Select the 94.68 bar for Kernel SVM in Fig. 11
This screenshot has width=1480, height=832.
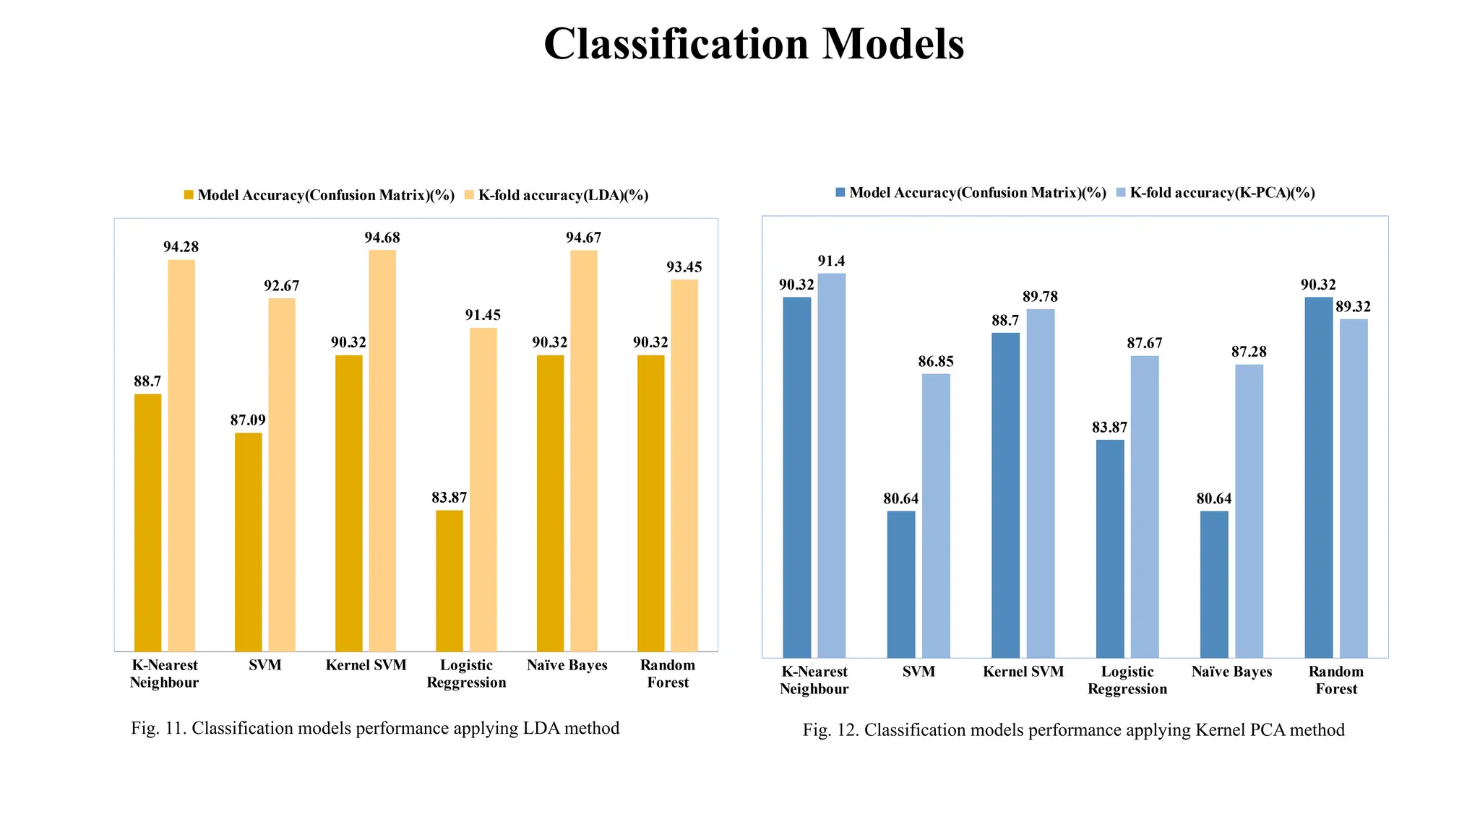(382, 451)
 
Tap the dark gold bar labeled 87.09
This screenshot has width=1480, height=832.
(248, 542)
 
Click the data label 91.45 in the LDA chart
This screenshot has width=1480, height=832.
(483, 315)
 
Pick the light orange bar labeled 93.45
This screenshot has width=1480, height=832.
(684, 465)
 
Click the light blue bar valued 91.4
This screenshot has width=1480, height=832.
(832, 465)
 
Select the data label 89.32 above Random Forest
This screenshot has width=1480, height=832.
(1353, 307)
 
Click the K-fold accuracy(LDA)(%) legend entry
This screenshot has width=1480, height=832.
(563, 196)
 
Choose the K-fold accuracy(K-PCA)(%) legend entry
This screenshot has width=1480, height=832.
(1222, 193)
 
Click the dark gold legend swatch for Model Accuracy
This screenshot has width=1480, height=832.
(189, 196)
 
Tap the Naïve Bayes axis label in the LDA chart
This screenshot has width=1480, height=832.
(567, 665)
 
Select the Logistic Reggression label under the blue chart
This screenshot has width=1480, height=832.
(1127, 680)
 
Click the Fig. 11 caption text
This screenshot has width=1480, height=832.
(375, 728)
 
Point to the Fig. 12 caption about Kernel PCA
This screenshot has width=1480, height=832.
(1073, 730)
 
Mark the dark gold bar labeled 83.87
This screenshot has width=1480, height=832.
(449, 581)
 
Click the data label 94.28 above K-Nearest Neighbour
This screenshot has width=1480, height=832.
(181, 247)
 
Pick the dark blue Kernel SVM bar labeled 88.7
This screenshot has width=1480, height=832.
(1005, 495)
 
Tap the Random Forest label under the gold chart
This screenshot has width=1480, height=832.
(668, 674)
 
